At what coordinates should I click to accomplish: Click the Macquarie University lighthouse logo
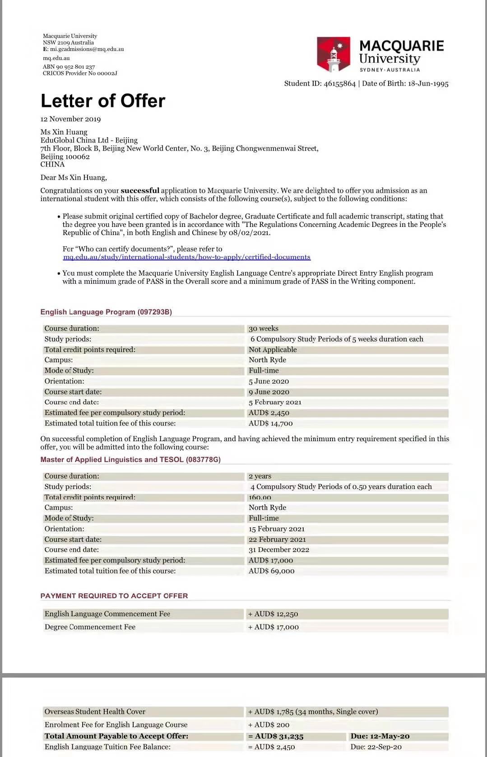[334, 55]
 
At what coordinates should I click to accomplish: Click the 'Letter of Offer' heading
[103, 101]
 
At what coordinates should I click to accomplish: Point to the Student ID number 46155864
[339, 83]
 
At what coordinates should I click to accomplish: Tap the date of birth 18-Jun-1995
[428, 83]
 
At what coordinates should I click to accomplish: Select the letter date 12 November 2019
[70, 119]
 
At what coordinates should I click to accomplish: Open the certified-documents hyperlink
[187, 257]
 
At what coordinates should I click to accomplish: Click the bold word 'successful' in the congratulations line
[140, 190]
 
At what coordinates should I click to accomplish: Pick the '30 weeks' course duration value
[264, 328]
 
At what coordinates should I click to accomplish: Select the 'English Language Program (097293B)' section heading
[106, 312]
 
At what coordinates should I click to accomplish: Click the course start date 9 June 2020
[269, 392]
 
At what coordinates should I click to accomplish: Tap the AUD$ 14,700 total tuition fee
[271, 423]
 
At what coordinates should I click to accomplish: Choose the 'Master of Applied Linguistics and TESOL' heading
[130, 459]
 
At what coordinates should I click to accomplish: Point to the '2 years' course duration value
[260, 476]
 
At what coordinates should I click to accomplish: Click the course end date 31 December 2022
[279, 549]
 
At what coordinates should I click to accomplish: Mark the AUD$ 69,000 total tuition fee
[272, 571]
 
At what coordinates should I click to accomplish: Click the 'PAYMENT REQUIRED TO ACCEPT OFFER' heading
[114, 595]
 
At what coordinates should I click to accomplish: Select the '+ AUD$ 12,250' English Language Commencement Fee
[273, 614]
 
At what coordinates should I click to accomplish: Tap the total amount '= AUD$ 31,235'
[276, 736]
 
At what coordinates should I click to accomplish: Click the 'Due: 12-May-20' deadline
[380, 736]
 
